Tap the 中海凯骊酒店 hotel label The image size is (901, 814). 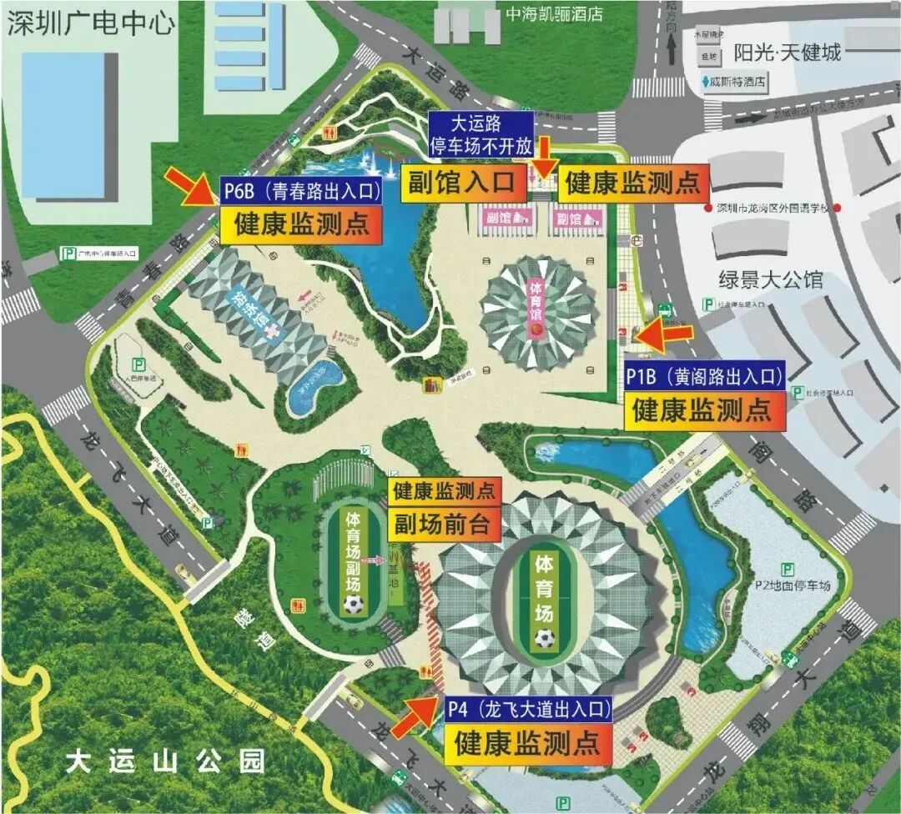[x=554, y=14]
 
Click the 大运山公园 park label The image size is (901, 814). [x=165, y=761]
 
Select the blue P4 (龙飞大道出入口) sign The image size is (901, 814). [x=528, y=711]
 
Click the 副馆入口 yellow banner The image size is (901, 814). [x=462, y=183]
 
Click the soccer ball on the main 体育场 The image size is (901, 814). [x=545, y=639]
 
